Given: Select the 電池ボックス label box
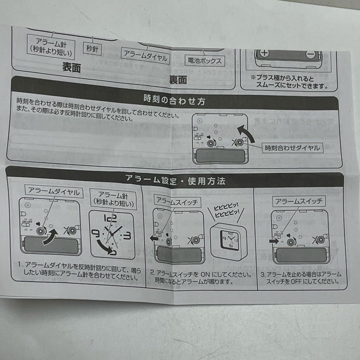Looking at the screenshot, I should (x=205, y=61).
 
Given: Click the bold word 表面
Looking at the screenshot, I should (x=72, y=67).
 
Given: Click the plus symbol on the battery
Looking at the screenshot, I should (x=264, y=54).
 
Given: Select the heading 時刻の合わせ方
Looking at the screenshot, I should (x=174, y=100).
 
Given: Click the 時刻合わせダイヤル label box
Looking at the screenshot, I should (x=292, y=148).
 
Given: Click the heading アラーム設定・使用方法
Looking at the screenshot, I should (x=175, y=181).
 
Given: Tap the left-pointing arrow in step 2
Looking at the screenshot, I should (x=154, y=237).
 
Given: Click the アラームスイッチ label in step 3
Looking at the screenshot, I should (x=299, y=201).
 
